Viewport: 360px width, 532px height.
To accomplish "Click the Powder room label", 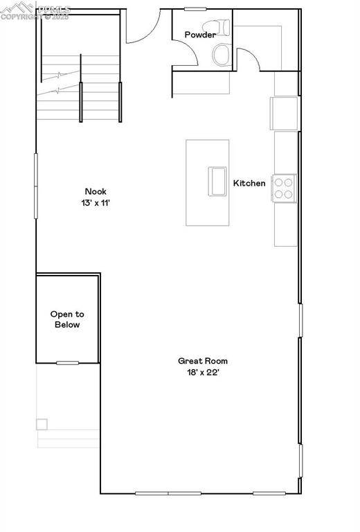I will (x=199, y=35).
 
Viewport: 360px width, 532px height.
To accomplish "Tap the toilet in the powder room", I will (x=223, y=51).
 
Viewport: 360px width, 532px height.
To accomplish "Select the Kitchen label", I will (x=249, y=184).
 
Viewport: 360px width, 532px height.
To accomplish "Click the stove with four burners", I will (x=284, y=188).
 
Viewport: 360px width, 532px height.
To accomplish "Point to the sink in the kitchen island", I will (x=217, y=181).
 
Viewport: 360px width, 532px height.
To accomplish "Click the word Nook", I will (x=96, y=192).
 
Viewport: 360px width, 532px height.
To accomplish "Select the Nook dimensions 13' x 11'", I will (x=96, y=204).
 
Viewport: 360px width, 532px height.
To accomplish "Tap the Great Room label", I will (x=203, y=361).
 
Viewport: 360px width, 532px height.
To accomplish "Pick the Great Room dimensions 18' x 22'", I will (x=203, y=373).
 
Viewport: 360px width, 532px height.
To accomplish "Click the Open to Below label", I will (x=66, y=319).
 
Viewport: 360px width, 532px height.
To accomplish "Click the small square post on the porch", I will (x=42, y=424).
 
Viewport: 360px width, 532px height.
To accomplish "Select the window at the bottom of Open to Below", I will (x=67, y=363).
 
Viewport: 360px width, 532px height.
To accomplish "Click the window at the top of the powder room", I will (x=195, y=9).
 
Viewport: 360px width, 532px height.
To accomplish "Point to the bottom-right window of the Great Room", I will (x=270, y=493).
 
